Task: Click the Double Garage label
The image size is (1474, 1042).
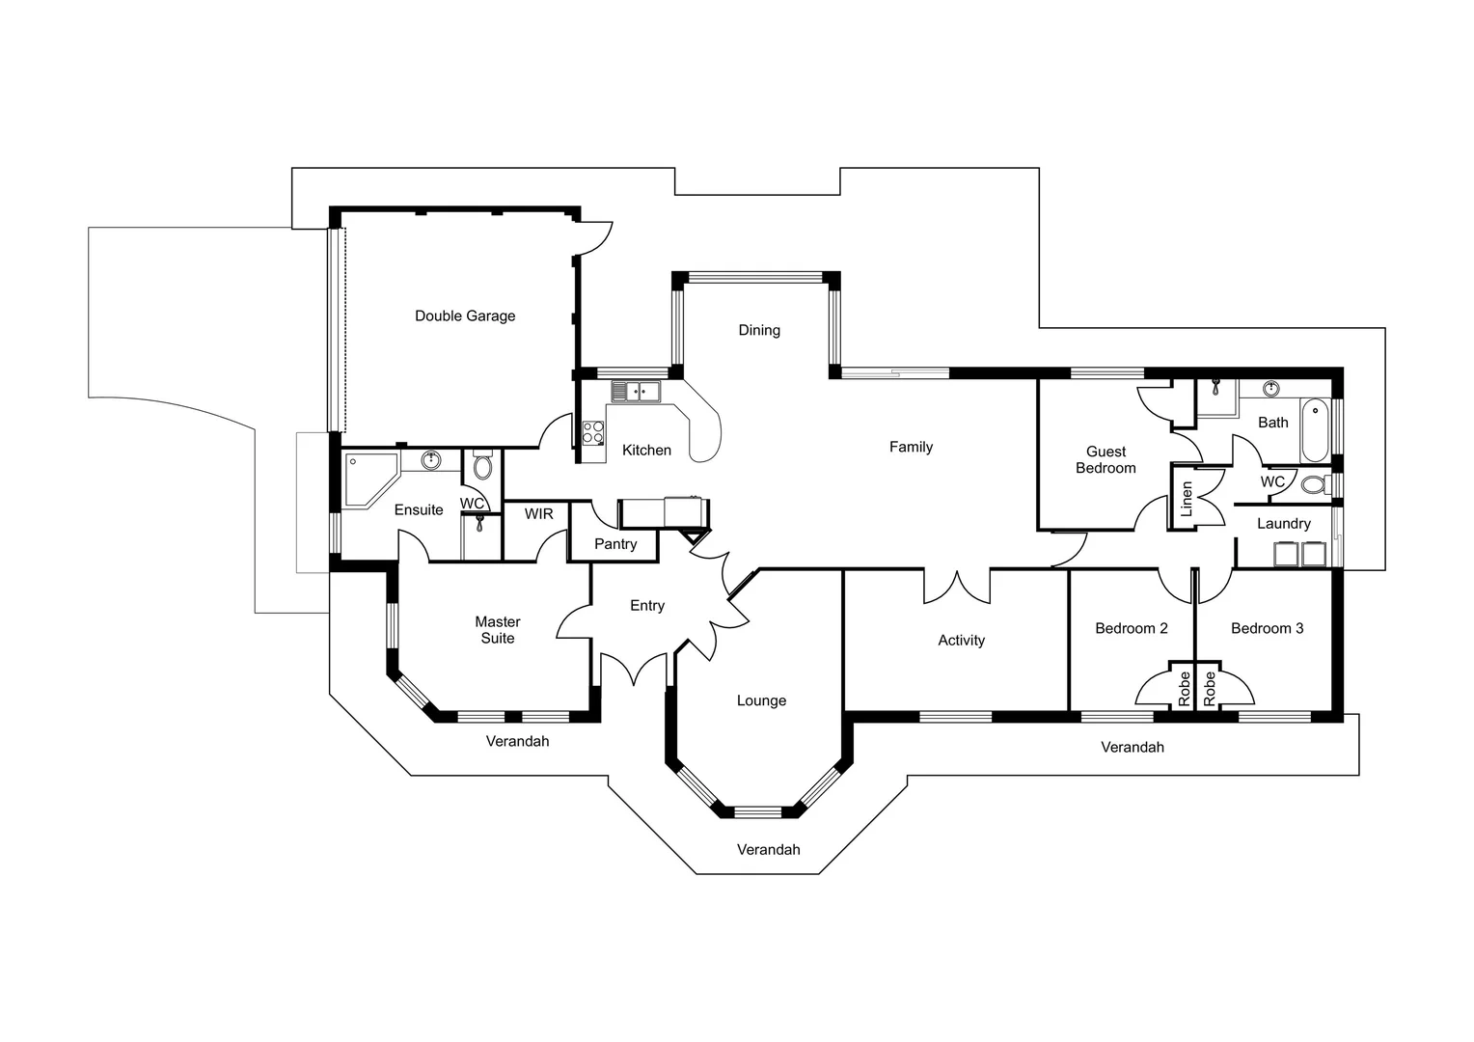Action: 465,315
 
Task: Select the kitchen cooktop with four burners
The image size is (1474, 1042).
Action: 592,432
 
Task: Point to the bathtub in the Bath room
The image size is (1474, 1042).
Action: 1314,430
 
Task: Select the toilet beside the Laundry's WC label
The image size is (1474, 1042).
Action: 1313,483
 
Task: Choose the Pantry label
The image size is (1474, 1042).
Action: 615,544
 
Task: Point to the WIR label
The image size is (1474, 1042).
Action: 539,513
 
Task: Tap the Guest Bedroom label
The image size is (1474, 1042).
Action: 1105,459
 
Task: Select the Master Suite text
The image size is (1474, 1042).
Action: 498,630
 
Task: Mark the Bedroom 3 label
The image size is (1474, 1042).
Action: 1267,628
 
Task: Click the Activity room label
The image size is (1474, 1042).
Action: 961,640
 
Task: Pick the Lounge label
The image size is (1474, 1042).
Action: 761,700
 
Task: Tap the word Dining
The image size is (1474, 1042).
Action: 759,330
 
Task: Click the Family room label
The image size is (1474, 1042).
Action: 911,447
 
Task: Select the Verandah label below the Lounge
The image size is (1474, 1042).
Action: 768,849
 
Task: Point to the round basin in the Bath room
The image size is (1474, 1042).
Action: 1271,389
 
